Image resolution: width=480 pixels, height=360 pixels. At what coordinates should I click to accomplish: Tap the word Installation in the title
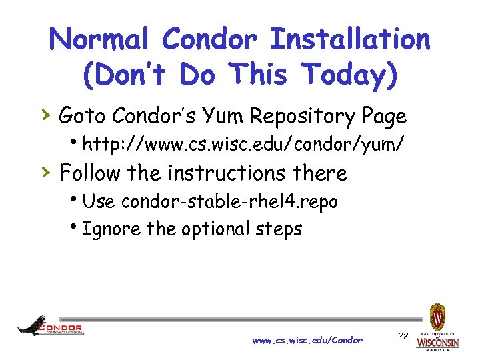pos(350,39)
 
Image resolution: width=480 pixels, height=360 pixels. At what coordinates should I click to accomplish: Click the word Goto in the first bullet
pos(83,117)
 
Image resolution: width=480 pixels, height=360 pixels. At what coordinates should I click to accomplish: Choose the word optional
pos(207,230)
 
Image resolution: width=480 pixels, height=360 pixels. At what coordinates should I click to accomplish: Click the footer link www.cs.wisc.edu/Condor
pos(307,340)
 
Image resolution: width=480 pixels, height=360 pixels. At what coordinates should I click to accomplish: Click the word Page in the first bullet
pos(385,118)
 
